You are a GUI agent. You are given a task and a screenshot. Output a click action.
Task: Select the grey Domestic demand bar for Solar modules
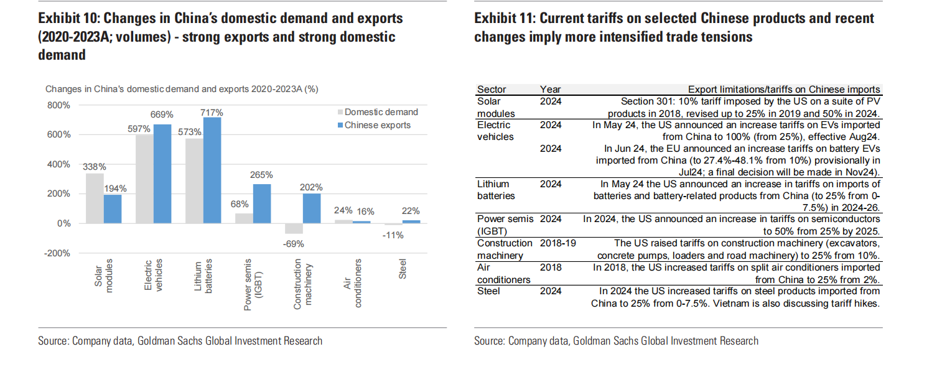coord(95,198)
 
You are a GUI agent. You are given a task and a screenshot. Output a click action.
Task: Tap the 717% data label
coord(212,112)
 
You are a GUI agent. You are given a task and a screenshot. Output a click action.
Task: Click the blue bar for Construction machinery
coord(311,208)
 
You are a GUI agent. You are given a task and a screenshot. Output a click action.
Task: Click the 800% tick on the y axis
coord(60,105)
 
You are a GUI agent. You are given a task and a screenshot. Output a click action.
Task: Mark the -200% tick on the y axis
coord(58,253)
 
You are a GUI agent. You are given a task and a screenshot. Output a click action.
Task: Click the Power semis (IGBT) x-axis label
coord(253,285)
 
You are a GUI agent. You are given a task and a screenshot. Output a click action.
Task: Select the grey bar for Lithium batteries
coord(194,181)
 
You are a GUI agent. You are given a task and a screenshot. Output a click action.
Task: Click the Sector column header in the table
coord(491,90)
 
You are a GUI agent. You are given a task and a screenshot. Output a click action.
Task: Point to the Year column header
coord(551,90)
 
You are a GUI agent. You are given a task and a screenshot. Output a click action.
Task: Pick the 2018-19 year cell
coord(557,243)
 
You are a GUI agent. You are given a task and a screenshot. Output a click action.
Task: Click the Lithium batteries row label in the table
coord(493,190)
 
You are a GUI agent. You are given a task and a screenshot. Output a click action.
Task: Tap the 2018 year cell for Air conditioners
coord(551,267)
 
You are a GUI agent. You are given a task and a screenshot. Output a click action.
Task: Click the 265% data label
coord(261,174)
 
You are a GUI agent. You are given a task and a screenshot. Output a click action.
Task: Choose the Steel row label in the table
coord(488,291)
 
